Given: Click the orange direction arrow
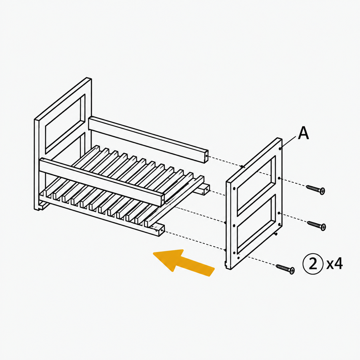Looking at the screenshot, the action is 184,263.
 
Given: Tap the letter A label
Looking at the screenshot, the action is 303,133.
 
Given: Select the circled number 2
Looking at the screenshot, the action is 313,264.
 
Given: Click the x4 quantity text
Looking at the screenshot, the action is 335,264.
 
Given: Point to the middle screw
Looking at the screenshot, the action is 316,225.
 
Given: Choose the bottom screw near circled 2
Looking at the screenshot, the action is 285,269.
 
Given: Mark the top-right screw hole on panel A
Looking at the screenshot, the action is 280,149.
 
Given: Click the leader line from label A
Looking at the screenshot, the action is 289,142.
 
